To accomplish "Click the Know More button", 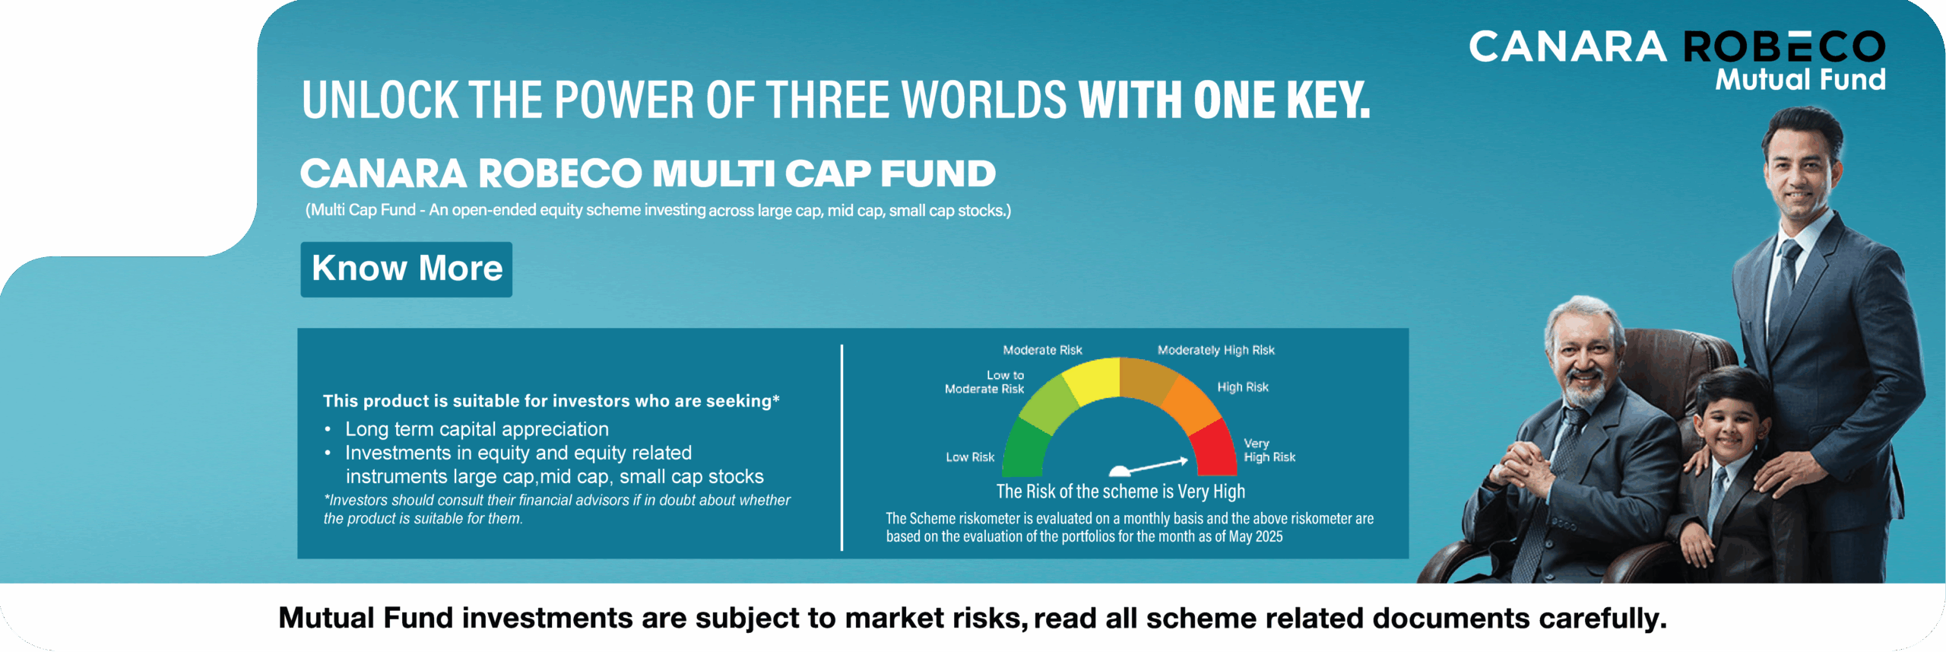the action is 406,269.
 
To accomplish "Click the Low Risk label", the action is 970,457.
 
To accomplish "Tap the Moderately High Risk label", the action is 1215,350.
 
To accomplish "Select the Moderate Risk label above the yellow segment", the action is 1042,350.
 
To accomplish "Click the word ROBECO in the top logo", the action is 1784,47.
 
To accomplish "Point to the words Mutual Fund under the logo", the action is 1800,79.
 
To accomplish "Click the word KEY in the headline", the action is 1327,100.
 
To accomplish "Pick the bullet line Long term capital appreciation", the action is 477,429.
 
